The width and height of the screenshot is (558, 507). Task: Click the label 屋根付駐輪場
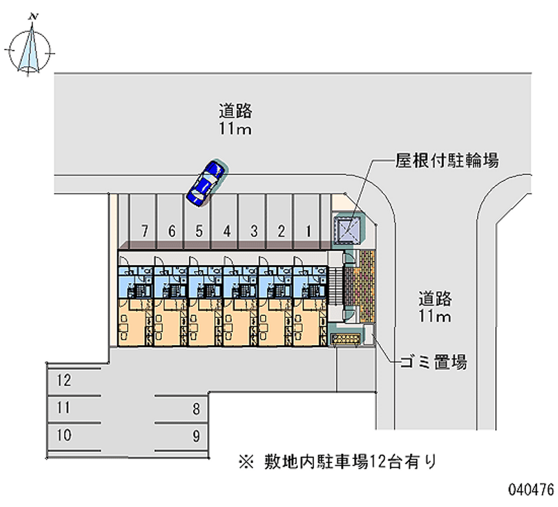tap(446, 161)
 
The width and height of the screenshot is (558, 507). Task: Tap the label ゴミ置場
tap(432, 362)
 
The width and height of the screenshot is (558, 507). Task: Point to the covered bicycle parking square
tap(348, 229)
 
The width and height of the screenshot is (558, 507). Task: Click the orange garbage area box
tap(346, 339)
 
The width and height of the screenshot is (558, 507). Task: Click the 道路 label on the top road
tap(234, 111)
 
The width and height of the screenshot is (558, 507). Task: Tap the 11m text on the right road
tap(435, 317)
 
